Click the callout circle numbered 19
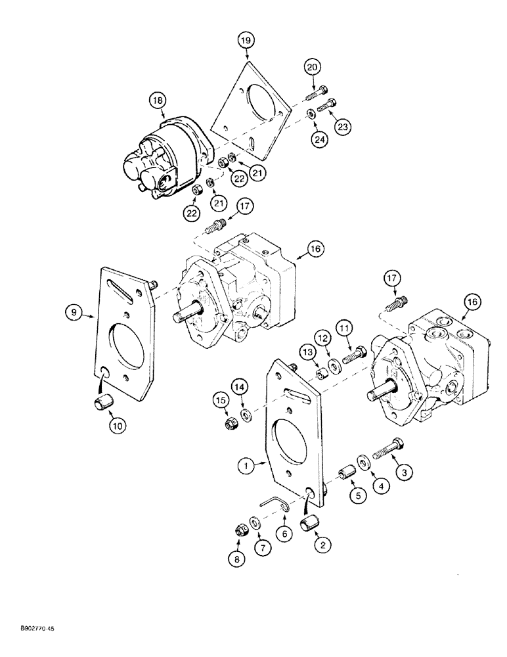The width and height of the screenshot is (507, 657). click(x=246, y=41)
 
